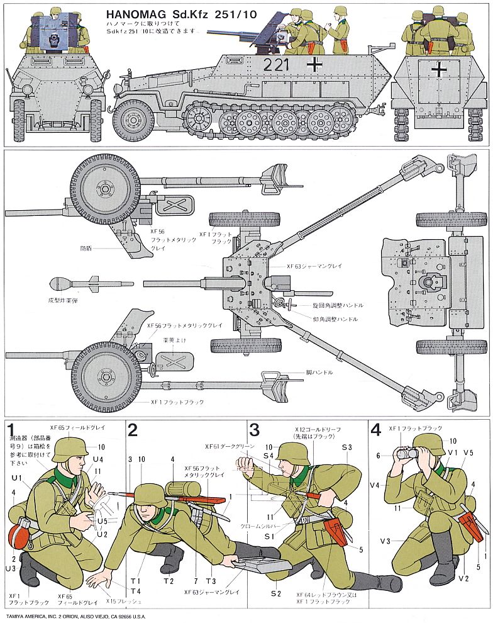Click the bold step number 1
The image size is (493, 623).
pyautogui.click(x=12, y=430)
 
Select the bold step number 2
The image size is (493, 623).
pyautogui.click(x=133, y=430)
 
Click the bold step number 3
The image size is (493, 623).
pyautogui.click(x=254, y=430)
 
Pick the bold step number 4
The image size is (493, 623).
pyautogui.click(x=376, y=430)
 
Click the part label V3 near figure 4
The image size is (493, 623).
pyautogui.click(x=384, y=541)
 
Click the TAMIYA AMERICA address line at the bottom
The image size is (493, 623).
pyautogui.click(x=76, y=617)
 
